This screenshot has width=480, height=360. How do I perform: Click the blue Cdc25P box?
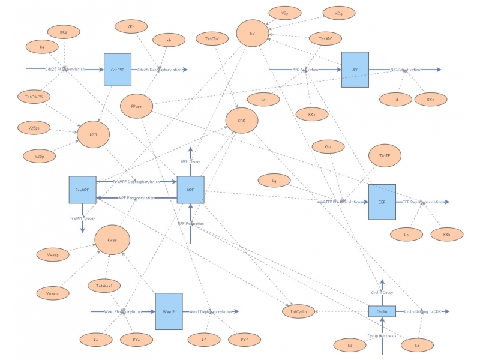(117, 70)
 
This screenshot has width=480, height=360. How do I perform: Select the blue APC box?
(355, 70)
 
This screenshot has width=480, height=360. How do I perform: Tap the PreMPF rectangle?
(82, 190)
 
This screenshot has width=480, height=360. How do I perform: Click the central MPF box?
(191, 190)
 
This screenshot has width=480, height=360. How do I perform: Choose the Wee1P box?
(169, 311)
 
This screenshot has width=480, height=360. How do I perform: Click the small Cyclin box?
(382, 311)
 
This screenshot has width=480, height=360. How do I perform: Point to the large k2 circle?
(253, 34)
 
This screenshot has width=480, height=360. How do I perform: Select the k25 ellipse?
(93, 135)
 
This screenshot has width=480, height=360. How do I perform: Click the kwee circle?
(112, 240)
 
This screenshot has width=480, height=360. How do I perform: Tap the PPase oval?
(136, 106)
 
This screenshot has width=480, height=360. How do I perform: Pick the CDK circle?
(241, 121)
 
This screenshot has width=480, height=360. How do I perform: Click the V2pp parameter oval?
(339, 13)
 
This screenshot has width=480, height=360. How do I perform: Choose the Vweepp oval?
(53, 293)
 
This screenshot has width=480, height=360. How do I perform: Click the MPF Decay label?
(190, 161)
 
